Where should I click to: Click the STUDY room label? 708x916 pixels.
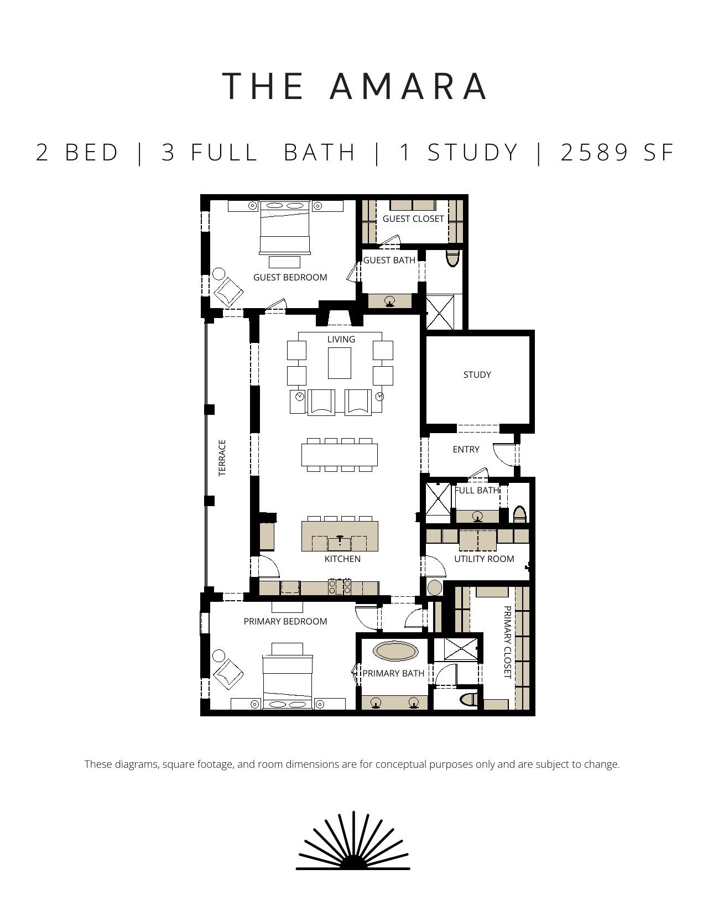click(477, 374)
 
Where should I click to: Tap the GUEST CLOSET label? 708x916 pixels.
click(413, 219)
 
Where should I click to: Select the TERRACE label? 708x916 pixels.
click(222, 458)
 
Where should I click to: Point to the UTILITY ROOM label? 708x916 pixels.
click(484, 559)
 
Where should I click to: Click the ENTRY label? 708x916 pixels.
click(466, 449)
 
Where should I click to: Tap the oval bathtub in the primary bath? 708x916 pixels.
click(395, 652)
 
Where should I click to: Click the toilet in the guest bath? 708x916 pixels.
click(452, 258)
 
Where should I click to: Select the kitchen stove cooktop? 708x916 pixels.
click(340, 586)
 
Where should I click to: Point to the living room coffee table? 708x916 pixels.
click(340, 363)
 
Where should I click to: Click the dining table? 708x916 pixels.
click(339, 455)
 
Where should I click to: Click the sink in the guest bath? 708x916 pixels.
click(390, 300)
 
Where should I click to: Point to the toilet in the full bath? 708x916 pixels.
click(519, 514)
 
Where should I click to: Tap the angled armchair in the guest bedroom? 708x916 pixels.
click(228, 292)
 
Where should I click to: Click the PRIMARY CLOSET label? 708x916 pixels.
click(508, 642)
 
